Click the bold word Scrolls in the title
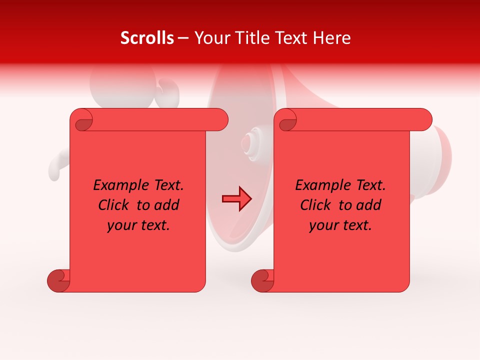tap(147, 38)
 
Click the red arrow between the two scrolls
tap(236, 199)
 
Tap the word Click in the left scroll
tap(114, 205)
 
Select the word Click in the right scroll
tap(316, 205)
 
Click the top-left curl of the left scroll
tap(81, 120)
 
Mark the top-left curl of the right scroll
tap(285, 120)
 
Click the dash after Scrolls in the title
tap(183, 38)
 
